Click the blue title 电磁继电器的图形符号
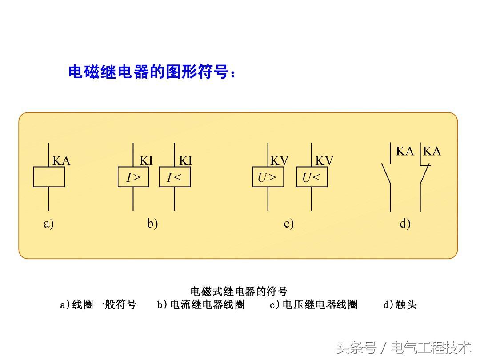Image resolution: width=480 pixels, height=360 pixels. (x=152, y=72)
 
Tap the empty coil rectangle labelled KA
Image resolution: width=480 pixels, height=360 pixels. (x=49, y=177)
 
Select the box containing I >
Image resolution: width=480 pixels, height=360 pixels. (x=133, y=178)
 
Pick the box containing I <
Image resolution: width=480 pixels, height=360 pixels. (x=175, y=178)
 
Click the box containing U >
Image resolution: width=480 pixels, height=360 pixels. (x=268, y=178)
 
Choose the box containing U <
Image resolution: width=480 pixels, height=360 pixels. (x=312, y=178)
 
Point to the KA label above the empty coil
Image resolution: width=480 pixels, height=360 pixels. (x=61, y=160)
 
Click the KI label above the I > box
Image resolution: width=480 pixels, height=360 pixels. (x=146, y=160)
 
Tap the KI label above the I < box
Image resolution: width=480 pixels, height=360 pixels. (x=185, y=160)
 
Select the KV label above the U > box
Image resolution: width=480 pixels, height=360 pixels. (x=280, y=160)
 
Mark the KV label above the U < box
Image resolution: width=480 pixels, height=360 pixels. (x=324, y=160)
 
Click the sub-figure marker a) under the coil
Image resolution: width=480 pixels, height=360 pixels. (x=48, y=224)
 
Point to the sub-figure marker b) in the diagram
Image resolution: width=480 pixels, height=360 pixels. (x=152, y=224)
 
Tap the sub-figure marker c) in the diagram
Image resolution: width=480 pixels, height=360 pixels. (x=289, y=224)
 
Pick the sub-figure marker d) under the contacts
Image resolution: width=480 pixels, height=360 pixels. (x=405, y=224)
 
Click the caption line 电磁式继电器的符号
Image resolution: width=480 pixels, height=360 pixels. (x=239, y=292)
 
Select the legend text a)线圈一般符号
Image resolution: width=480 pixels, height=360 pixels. (x=98, y=305)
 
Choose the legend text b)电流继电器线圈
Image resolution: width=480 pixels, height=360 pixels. (x=200, y=305)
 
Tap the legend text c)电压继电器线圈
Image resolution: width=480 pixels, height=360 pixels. (x=313, y=305)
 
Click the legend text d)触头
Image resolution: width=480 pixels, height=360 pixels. (x=400, y=305)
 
